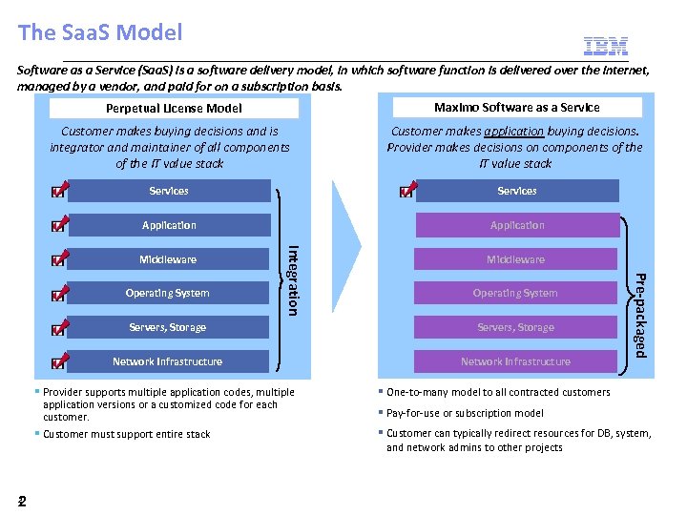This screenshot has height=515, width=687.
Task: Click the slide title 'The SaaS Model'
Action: pos(99,32)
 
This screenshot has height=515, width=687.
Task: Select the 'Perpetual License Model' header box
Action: pos(174,109)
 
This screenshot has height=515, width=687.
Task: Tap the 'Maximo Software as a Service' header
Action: pos(516,107)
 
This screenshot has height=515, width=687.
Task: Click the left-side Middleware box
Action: pos(168,259)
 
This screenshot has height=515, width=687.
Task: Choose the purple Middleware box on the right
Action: pos(515,259)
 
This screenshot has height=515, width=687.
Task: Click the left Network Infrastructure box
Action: pos(168,361)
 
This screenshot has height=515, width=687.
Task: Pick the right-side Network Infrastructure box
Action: pos(515,361)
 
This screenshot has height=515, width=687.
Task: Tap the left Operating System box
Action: pos(168,293)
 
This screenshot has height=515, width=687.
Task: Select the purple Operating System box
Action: pos(515,293)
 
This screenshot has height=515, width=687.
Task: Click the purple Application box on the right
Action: pos(516,225)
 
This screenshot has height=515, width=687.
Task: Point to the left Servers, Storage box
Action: pos(168,327)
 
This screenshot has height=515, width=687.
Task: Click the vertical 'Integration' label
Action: pos(294,279)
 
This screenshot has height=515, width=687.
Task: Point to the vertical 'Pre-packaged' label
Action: pos(641,316)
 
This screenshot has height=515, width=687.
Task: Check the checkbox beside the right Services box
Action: pos(406,193)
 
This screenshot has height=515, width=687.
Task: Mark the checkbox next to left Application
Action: pos(59,227)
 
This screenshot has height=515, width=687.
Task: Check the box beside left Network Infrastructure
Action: pos(59,363)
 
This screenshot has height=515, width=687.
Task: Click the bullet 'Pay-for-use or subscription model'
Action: pos(465,413)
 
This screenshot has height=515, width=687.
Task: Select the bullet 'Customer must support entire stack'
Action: pos(127,434)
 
